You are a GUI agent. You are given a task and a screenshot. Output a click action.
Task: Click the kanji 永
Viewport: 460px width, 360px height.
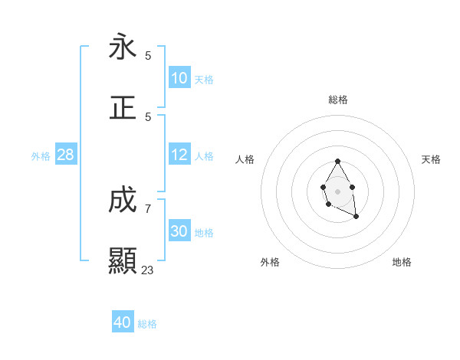(x=123, y=47)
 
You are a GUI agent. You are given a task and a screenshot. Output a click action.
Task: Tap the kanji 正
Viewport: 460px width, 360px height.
(x=123, y=108)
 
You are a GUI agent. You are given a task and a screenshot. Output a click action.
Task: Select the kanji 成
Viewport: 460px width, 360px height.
(x=123, y=200)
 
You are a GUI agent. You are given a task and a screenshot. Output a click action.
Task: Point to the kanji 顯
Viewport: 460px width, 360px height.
(x=123, y=261)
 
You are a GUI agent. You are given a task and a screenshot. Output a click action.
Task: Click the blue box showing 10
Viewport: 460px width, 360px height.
(x=179, y=78)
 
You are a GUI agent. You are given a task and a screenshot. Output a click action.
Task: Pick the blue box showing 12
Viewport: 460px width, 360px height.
(x=179, y=155)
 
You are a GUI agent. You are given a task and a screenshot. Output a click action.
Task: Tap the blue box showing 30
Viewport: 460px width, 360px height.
(x=179, y=231)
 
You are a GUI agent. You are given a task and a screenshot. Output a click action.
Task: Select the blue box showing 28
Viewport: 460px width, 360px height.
(x=66, y=155)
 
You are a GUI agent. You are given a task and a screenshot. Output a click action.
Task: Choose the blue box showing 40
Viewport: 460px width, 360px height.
(x=123, y=322)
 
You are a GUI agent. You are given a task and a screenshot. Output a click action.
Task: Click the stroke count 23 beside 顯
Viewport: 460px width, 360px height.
(x=148, y=270)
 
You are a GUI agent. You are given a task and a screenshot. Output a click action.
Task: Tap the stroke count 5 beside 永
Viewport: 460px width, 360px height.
(x=148, y=55)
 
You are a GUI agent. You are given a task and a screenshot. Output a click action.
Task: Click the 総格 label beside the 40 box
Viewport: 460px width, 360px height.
(x=147, y=324)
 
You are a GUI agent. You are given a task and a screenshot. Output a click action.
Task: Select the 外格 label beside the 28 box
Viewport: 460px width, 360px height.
(x=41, y=156)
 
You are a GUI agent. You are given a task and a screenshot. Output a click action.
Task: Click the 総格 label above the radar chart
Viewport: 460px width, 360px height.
(x=337, y=100)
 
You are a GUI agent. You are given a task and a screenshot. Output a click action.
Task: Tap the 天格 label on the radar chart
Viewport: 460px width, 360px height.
(x=432, y=159)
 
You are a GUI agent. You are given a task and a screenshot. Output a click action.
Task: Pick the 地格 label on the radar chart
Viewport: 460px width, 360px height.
(x=402, y=262)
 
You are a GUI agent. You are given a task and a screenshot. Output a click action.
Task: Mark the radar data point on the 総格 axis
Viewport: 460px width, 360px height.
(x=337, y=161)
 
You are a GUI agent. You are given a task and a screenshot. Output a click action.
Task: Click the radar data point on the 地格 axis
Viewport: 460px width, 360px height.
(x=356, y=217)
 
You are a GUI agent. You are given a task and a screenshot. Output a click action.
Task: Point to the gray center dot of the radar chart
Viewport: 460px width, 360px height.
(x=337, y=191)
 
